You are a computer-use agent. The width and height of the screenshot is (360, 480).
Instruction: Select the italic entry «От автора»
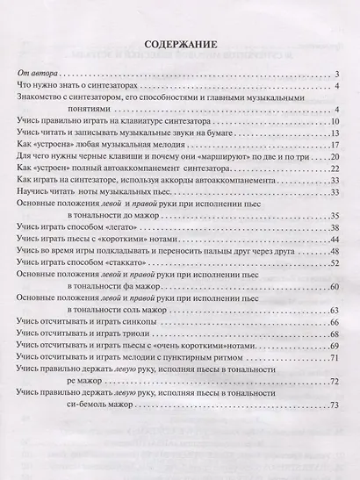click(x=36, y=71)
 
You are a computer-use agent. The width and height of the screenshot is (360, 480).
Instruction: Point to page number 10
click(x=334, y=119)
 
